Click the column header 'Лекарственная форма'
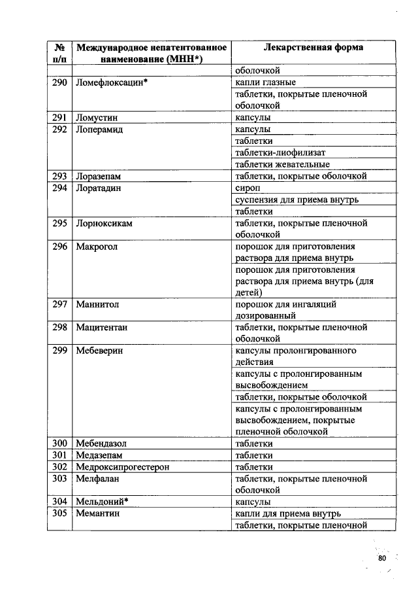tap(313, 48)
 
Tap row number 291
tap(59, 118)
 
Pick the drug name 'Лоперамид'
tap(99, 130)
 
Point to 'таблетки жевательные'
tap(282, 164)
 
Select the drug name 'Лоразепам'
tap(99, 176)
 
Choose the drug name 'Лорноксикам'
tap(104, 223)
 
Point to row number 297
tap(59, 304)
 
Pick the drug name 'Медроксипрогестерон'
tap(122, 467)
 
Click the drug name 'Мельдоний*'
tap(101, 502)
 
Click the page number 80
tap(382, 559)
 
